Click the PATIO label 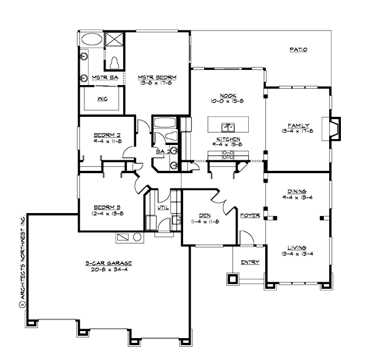pos(299,50)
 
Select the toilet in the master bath pos(114,61)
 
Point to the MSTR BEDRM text pos(157,77)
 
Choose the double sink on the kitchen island pos(228,127)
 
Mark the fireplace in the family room pos(333,127)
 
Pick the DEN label pos(205,215)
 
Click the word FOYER pos(250,215)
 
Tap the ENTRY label pos(250,262)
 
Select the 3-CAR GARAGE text pos(107,264)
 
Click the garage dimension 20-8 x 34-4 pos(107,270)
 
